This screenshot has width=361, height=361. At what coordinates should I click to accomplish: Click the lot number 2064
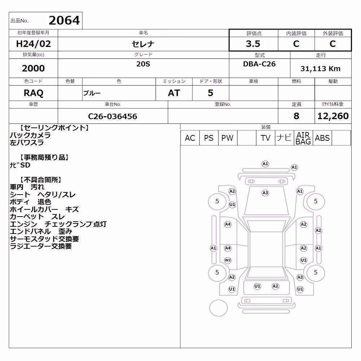pyautogui.click(x=64, y=20)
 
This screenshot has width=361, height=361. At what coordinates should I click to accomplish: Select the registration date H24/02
pyautogui.click(x=33, y=44)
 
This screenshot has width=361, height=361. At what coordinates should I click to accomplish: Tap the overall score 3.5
pyautogui.click(x=253, y=44)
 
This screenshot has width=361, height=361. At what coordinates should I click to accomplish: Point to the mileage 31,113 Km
pyautogui.click(x=320, y=69)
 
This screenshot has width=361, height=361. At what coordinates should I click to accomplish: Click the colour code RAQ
pyautogui.click(x=33, y=93)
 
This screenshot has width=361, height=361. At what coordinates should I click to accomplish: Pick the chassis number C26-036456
pyautogui.click(x=113, y=116)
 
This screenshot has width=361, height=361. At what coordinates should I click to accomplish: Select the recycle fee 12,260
pyautogui.click(x=333, y=116)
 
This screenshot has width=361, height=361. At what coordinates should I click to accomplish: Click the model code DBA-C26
pyautogui.click(x=259, y=64)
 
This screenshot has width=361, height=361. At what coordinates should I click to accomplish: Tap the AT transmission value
pyautogui.click(x=174, y=93)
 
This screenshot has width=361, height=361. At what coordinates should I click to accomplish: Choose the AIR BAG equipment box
pyautogui.click(x=303, y=138)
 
